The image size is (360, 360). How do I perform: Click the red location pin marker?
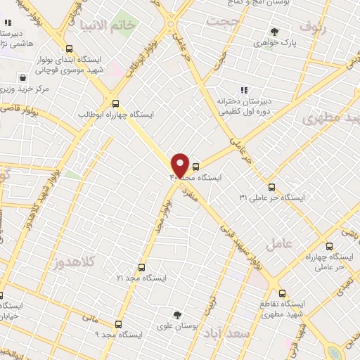(180, 164)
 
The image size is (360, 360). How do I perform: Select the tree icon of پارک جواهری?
(274, 32)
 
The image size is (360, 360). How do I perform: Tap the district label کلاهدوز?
(73, 264)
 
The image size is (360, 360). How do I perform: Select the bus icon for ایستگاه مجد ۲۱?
(141, 267)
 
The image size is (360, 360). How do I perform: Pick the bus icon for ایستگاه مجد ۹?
(117, 324)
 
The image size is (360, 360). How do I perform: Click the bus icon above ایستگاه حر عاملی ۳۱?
(272, 187)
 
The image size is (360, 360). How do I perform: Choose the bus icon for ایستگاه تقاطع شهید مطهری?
(282, 293)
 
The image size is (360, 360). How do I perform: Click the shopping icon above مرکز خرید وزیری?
(24, 78)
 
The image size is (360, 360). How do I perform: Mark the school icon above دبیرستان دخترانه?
(244, 90)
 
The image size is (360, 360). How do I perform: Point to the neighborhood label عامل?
(279, 244)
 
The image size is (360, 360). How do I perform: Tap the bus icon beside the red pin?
(195, 167)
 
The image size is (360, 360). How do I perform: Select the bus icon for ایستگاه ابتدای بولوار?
(69, 49)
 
